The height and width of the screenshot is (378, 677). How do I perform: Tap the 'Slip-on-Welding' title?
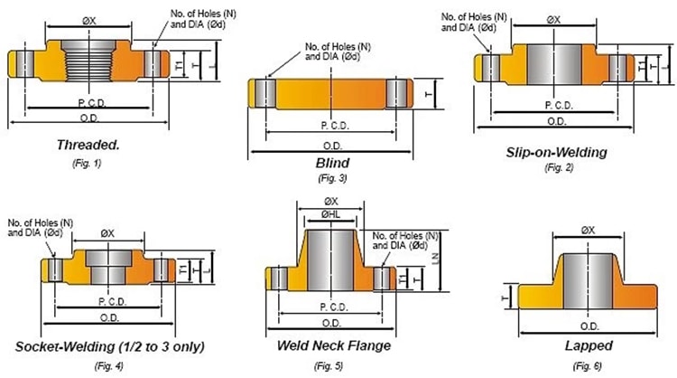coord(557,152)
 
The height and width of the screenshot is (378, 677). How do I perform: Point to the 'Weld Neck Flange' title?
coord(335,345)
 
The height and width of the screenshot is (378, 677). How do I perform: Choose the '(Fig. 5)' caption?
coord(329,364)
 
